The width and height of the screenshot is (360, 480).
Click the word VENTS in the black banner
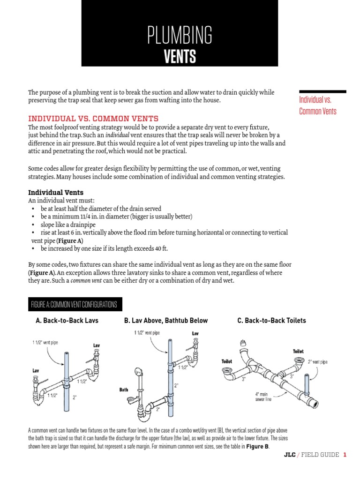pos(180,57)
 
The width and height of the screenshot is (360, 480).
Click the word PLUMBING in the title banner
pos(180,35)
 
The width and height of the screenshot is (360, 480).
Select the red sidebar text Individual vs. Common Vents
pos(318,105)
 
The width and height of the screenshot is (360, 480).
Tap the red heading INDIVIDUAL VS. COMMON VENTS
pos(93,118)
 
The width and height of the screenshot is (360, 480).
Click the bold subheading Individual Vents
pos(56,192)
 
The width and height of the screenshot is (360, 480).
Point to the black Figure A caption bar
pos(74,304)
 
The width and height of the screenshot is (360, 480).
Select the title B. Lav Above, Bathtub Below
pos(166,321)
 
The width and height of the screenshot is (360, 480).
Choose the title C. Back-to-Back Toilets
pos(272,321)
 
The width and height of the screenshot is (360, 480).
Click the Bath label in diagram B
pos(124,390)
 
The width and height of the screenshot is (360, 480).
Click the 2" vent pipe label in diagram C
pos(318,362)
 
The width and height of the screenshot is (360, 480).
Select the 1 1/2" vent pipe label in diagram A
pos(46,343)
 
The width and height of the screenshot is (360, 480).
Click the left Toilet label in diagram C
pos(227,361)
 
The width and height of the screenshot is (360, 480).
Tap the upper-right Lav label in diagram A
pos(97,345)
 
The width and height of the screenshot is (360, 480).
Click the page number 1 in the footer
pos(345,455)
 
